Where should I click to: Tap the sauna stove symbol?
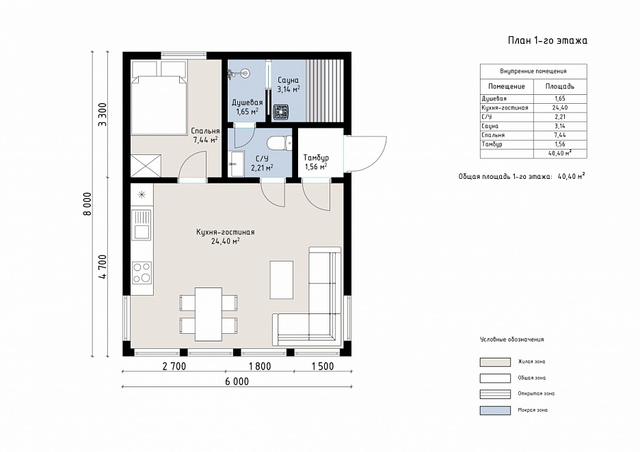pos(281,112)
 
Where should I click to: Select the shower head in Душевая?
pos(245,73)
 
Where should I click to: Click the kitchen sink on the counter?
pos(142,224)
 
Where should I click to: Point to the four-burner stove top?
pos(142,272)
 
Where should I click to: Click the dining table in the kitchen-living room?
pos(209,314)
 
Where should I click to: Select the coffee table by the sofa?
pos(282,280)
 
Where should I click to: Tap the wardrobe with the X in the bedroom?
pos(146,166)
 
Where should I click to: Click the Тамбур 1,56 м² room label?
pos(316,162)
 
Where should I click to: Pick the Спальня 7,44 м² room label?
pos(205,135)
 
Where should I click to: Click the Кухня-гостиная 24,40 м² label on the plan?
pos(226,236)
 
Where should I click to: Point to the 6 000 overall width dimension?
pos(237,382)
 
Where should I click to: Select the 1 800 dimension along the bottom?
pos(260,367)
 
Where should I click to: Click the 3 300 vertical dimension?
pos(103,115)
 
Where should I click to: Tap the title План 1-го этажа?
pos(547,40)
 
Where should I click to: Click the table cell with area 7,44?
pos(560,135)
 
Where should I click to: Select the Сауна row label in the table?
pos(490,126)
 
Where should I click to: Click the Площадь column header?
pos(560,87)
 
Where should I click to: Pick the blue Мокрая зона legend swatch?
pos(495,410)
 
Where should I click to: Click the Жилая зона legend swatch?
pos(495,362)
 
